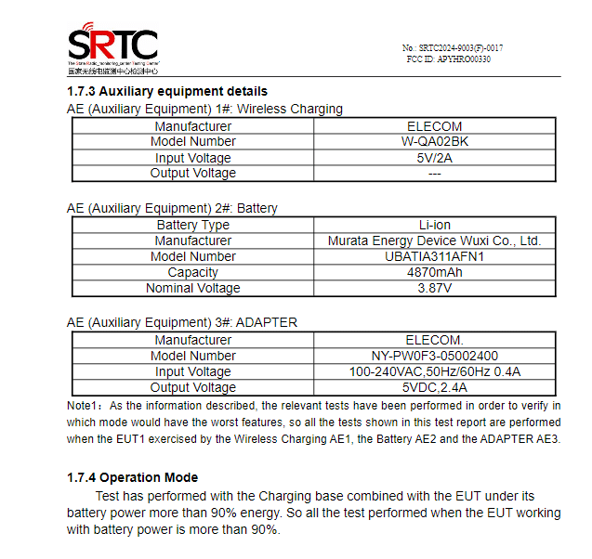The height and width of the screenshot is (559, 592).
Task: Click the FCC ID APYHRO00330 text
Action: (449, 59)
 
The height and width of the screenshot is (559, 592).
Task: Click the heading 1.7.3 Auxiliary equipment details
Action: (167, 91)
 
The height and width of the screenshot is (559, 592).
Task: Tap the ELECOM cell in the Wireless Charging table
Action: (434, 126)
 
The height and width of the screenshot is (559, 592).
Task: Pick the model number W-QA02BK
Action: (434, 142)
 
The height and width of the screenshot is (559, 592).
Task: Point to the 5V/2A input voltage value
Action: (434, 158)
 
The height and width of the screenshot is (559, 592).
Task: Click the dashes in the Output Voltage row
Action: (434, 174)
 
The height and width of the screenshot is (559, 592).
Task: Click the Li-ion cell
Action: (434, 225)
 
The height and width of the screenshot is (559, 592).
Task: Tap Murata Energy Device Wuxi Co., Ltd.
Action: (434, 240)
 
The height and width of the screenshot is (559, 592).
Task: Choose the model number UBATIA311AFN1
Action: (434, 256)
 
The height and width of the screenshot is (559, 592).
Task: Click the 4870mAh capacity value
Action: (434, 272)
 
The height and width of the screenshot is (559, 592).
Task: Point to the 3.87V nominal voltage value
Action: (434, 288)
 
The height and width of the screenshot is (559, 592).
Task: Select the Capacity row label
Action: (193, 272)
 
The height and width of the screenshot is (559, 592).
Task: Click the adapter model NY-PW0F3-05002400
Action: (434, 356)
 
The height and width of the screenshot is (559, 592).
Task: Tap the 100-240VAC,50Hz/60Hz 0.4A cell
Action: (434, 371)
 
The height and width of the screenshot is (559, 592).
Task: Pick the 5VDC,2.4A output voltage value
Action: (434, 387)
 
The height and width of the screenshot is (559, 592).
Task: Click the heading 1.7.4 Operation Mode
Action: (133, 477)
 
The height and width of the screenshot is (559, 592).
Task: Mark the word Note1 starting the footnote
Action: (84, 406)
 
